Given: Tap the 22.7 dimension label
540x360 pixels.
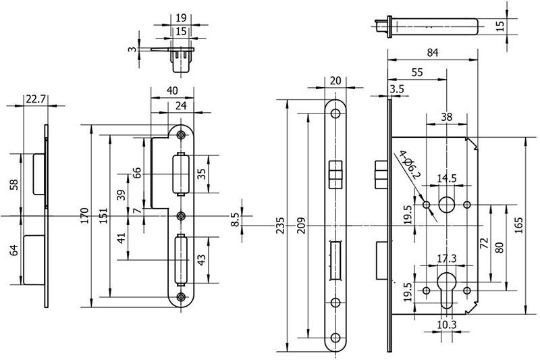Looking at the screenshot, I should tap(36, 99).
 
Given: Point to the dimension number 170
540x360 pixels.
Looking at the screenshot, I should tap(84, 215).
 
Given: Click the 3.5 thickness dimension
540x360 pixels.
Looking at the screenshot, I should tap(397, 88).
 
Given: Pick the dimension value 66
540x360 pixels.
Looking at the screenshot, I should tap(138, 172).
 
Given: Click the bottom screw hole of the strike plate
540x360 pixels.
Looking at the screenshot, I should tap(181, 297).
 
